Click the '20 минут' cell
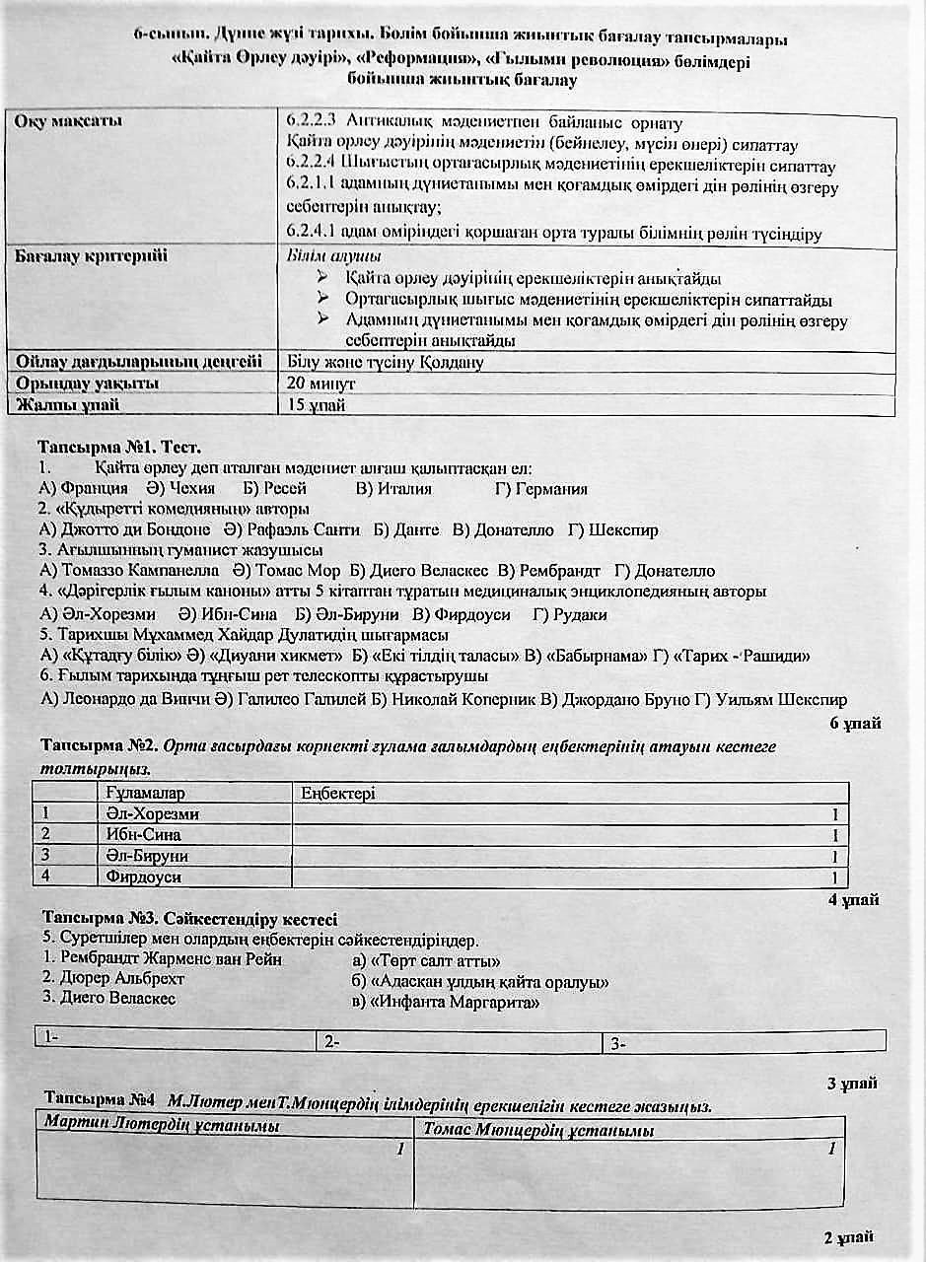(321, 383)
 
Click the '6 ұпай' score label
(854, 723)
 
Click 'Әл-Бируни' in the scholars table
(146, 856)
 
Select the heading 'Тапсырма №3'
(98, 919)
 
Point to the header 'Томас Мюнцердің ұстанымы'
(538, 1130)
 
